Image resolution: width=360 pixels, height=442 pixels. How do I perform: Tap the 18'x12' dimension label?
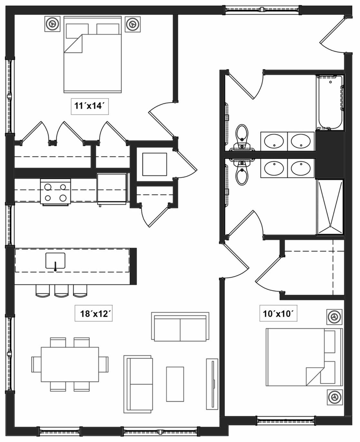(93, 313)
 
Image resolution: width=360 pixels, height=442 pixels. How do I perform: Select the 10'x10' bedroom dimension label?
(278, 313)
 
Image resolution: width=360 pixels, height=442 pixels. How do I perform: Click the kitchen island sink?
(55, 260)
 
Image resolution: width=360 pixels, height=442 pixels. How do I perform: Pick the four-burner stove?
(55, 192)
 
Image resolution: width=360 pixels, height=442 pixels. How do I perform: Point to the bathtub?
(330, 103)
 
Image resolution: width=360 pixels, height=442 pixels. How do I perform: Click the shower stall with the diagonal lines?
(330, 207)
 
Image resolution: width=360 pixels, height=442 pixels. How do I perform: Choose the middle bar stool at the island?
(61, 290)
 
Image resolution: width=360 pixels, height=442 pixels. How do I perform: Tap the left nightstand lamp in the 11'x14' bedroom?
(52, 24)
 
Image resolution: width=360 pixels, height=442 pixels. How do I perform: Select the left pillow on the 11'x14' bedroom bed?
(77, 31)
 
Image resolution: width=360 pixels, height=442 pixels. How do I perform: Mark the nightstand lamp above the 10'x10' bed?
(334, 317)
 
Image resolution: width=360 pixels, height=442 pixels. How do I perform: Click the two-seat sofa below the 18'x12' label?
(180, 326)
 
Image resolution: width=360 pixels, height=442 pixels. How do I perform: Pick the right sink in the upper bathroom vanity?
(301, 141)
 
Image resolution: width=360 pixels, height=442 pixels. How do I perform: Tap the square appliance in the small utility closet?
(154, 164)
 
